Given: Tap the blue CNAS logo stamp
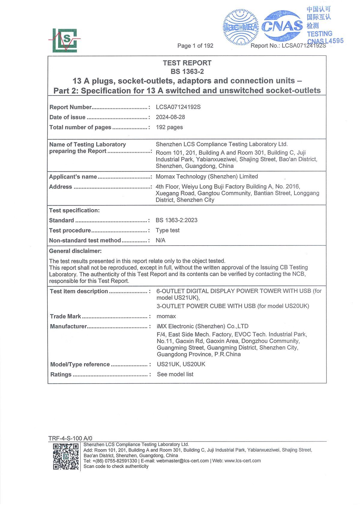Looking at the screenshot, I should click(x=282, y=26).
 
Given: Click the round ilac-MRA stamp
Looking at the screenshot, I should click(x=241, y=27).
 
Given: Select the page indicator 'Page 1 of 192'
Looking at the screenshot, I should click(x=195, y=46).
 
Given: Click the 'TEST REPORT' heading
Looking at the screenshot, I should click(x=187, y=63).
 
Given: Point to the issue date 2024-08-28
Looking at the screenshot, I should click(x=170, y=117).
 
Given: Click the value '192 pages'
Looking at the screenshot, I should click(x=169, y=127).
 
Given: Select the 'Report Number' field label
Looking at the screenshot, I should click(x=70, y=107).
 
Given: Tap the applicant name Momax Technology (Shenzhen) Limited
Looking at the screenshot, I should click(x=207, y=176).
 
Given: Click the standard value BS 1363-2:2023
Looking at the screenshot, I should click(x=176, y=220).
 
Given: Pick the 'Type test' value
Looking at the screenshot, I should click(x=167, y=230).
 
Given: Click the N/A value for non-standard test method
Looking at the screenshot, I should click(x=160, y=240).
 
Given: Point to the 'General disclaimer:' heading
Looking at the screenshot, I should click(x=75, y=251).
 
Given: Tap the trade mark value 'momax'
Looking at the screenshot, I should click(x=166, y=316).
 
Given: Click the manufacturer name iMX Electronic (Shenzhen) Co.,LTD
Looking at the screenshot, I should click(x=202, y=326).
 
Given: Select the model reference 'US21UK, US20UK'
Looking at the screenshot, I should click(x=181, y=364).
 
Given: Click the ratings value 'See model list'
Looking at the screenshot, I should click(x=175, y=374).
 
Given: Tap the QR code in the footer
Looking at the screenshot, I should click(x=66, y=456).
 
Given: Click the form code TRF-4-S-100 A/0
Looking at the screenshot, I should click(x=70, y=438).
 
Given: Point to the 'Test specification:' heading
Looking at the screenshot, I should click(x=74, y=210).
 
